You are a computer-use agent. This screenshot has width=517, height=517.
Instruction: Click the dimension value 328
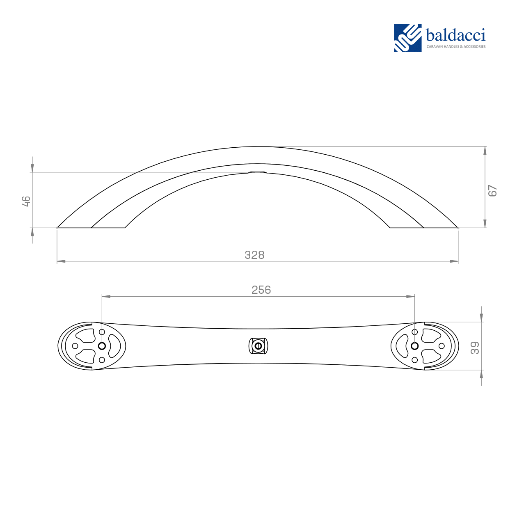[x=254, y=255]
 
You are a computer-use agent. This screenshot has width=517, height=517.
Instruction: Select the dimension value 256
[x=261, y=290]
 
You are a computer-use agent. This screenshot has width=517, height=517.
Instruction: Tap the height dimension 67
[x=492, y=191]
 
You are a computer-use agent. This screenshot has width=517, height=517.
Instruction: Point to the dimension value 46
[x=26, y=201]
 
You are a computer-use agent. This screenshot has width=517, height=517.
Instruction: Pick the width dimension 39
[x=475, y=348]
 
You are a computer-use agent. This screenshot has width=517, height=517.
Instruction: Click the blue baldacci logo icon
[x=407, y=38]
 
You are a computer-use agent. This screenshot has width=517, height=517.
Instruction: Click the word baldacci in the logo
[x=455, y=35]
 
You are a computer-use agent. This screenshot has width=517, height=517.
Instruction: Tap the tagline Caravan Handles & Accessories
[x=456, y=47]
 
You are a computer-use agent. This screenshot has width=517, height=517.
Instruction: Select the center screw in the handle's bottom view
[x=258, y=346]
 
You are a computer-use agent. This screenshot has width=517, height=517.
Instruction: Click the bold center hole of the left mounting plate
[x=102, y=346]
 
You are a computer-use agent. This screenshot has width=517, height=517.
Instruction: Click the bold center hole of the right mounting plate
[x=414, y=346]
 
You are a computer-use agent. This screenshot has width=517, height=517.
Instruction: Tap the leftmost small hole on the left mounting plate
[x=75, y=346]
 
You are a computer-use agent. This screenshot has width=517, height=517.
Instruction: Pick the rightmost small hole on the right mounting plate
[x=442, y=346]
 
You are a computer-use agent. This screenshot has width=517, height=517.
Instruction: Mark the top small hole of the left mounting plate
[x=102, y=332]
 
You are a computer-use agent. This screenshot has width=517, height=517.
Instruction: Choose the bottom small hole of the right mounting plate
[x=414, y=360]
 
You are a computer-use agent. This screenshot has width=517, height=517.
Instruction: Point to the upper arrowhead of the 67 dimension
[x=485, y=151]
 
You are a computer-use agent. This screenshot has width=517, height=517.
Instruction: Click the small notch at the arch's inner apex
[x=258, y=172]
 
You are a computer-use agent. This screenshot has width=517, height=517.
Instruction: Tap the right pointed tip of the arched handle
[x=457, y=227]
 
